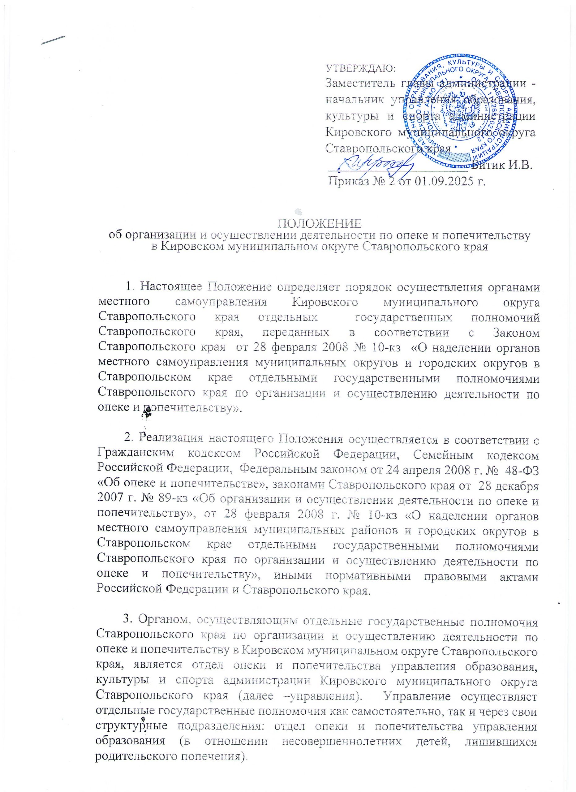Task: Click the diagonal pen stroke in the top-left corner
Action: (x=54, y=40)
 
